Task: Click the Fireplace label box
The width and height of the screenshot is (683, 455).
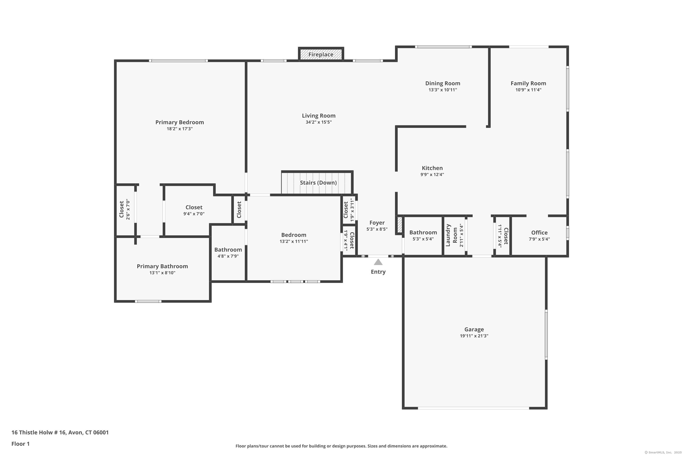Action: coord(321,55)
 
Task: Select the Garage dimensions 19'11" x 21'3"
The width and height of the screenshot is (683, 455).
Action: coord(474,336)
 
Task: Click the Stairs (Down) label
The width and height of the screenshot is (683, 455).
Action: coord(318,182)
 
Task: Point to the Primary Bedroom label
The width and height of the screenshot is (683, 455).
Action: coord(179,122)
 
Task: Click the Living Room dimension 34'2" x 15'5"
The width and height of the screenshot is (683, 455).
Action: coord(319,122)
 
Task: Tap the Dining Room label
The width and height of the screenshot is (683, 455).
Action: coord(443,83)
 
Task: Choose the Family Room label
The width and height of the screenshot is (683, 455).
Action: coord(528,83)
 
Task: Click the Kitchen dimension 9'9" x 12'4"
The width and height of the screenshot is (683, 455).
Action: coord(432,174)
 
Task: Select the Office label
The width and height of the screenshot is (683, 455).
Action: coord(539,233)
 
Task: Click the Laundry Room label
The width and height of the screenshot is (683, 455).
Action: coord(451,235)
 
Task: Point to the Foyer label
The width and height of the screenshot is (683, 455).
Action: coord(377,222)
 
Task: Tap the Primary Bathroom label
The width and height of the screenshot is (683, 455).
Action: coord(162,266)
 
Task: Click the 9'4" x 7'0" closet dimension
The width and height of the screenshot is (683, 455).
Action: coord(194,214)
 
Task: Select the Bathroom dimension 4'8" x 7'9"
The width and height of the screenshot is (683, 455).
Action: coord(228,256)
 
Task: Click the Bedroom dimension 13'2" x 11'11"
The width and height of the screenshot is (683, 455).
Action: coord(294,241)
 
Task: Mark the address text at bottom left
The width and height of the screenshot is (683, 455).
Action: coord(60,432)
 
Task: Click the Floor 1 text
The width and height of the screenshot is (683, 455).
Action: coord(21,444)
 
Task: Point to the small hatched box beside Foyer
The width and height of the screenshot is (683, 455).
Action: coord(399,225)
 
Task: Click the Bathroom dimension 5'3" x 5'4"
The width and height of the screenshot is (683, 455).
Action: coord(423,239)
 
